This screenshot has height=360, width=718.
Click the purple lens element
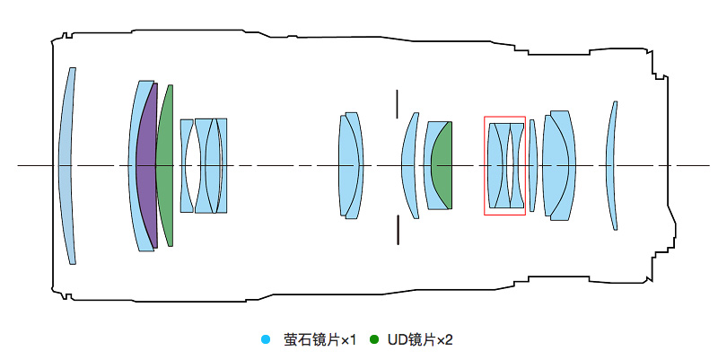[x=146, y=166]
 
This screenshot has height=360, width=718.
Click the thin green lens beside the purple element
[x=164, y=166]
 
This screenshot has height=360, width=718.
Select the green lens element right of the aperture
[x=441, y=166]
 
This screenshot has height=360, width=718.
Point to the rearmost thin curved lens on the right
[x=612, y=166]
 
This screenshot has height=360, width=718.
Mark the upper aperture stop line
[x=396, y=102]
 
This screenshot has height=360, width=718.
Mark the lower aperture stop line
[x=396, y=228]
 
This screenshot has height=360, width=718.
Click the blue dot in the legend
[x=265, y=339]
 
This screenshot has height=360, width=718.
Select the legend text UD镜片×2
[x=420, y=339]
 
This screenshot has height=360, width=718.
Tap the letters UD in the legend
[x=397, y=339]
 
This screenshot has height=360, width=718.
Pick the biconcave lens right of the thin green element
[x=187, y=166]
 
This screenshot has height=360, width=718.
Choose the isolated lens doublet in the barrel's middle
[x=350, y=166]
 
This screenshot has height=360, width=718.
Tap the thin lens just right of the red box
[x=532, y=166]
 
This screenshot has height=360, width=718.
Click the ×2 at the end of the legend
[x=444, y=339]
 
